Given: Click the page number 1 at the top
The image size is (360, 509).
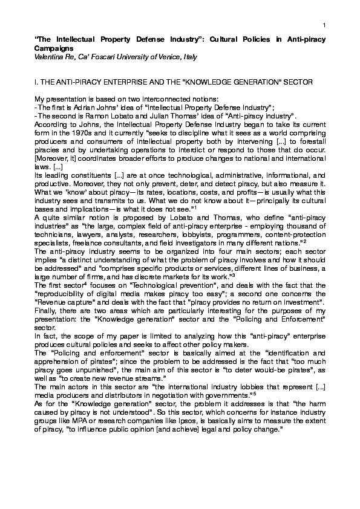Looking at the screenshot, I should (x=324, y=24).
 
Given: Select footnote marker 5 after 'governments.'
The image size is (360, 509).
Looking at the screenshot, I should (x=258, y=394).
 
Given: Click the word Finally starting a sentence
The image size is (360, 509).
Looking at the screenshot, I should (x=45, y=310).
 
